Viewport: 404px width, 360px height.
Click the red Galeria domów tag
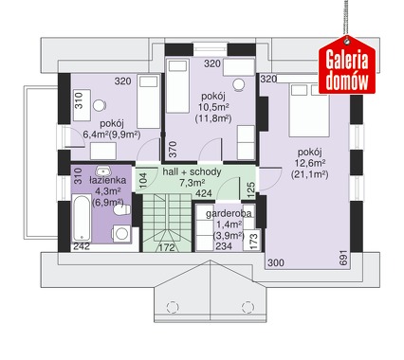click(347, 65)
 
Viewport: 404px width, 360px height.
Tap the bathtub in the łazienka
click(82, 218)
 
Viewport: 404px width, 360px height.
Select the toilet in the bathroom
click(123, 209)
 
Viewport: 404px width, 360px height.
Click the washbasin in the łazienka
click(103, 171)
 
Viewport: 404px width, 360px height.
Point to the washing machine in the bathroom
click(121, 234)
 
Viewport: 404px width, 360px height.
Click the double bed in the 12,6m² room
click(309, 110)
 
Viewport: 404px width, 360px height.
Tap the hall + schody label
click(192, 172)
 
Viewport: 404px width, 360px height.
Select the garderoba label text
click(229, 214)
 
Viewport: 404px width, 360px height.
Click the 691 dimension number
click(344, 258)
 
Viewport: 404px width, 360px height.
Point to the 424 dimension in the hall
click(204, 193)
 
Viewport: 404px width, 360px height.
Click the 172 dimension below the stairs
click(167, 247)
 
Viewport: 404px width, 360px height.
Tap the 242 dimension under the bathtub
click(82, 246)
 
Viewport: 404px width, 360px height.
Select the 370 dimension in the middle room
click(174, 150)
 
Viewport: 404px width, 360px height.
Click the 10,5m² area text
click(213, 107)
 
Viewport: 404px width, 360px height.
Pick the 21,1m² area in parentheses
click(309, 174)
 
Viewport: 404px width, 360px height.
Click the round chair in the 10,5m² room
click(239, 84)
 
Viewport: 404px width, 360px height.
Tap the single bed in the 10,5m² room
click(177, 85)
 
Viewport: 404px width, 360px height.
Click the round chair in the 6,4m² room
click(100, 105)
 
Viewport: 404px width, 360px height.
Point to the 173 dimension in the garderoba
click(253, 241)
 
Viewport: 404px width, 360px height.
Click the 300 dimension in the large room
click(276, 262)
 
